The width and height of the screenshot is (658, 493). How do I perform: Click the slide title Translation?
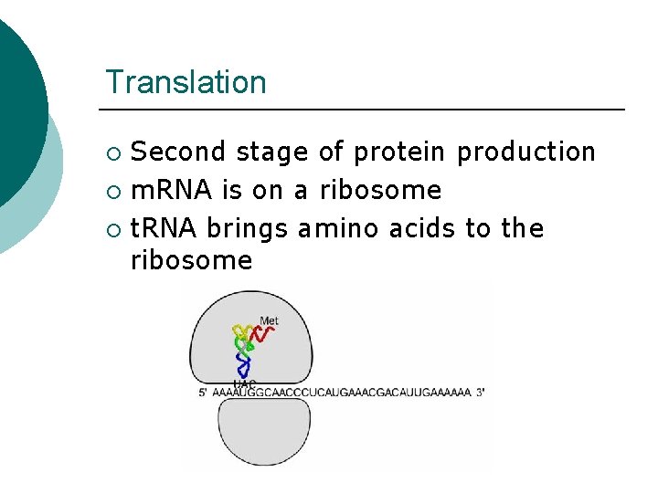(x=186, y=82)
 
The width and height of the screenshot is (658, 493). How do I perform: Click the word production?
(x=525, y=152)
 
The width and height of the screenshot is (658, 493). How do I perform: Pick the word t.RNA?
(x=164, y=228)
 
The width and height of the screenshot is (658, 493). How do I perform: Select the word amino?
(x=339, y=228)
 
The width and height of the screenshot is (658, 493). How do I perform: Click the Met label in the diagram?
(x=269, y=320)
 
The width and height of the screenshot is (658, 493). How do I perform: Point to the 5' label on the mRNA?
(x=202, y=393)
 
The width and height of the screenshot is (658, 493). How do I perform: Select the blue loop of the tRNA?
(x=243, y=366)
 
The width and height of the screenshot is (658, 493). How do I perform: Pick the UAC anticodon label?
(x=244, y=383)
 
